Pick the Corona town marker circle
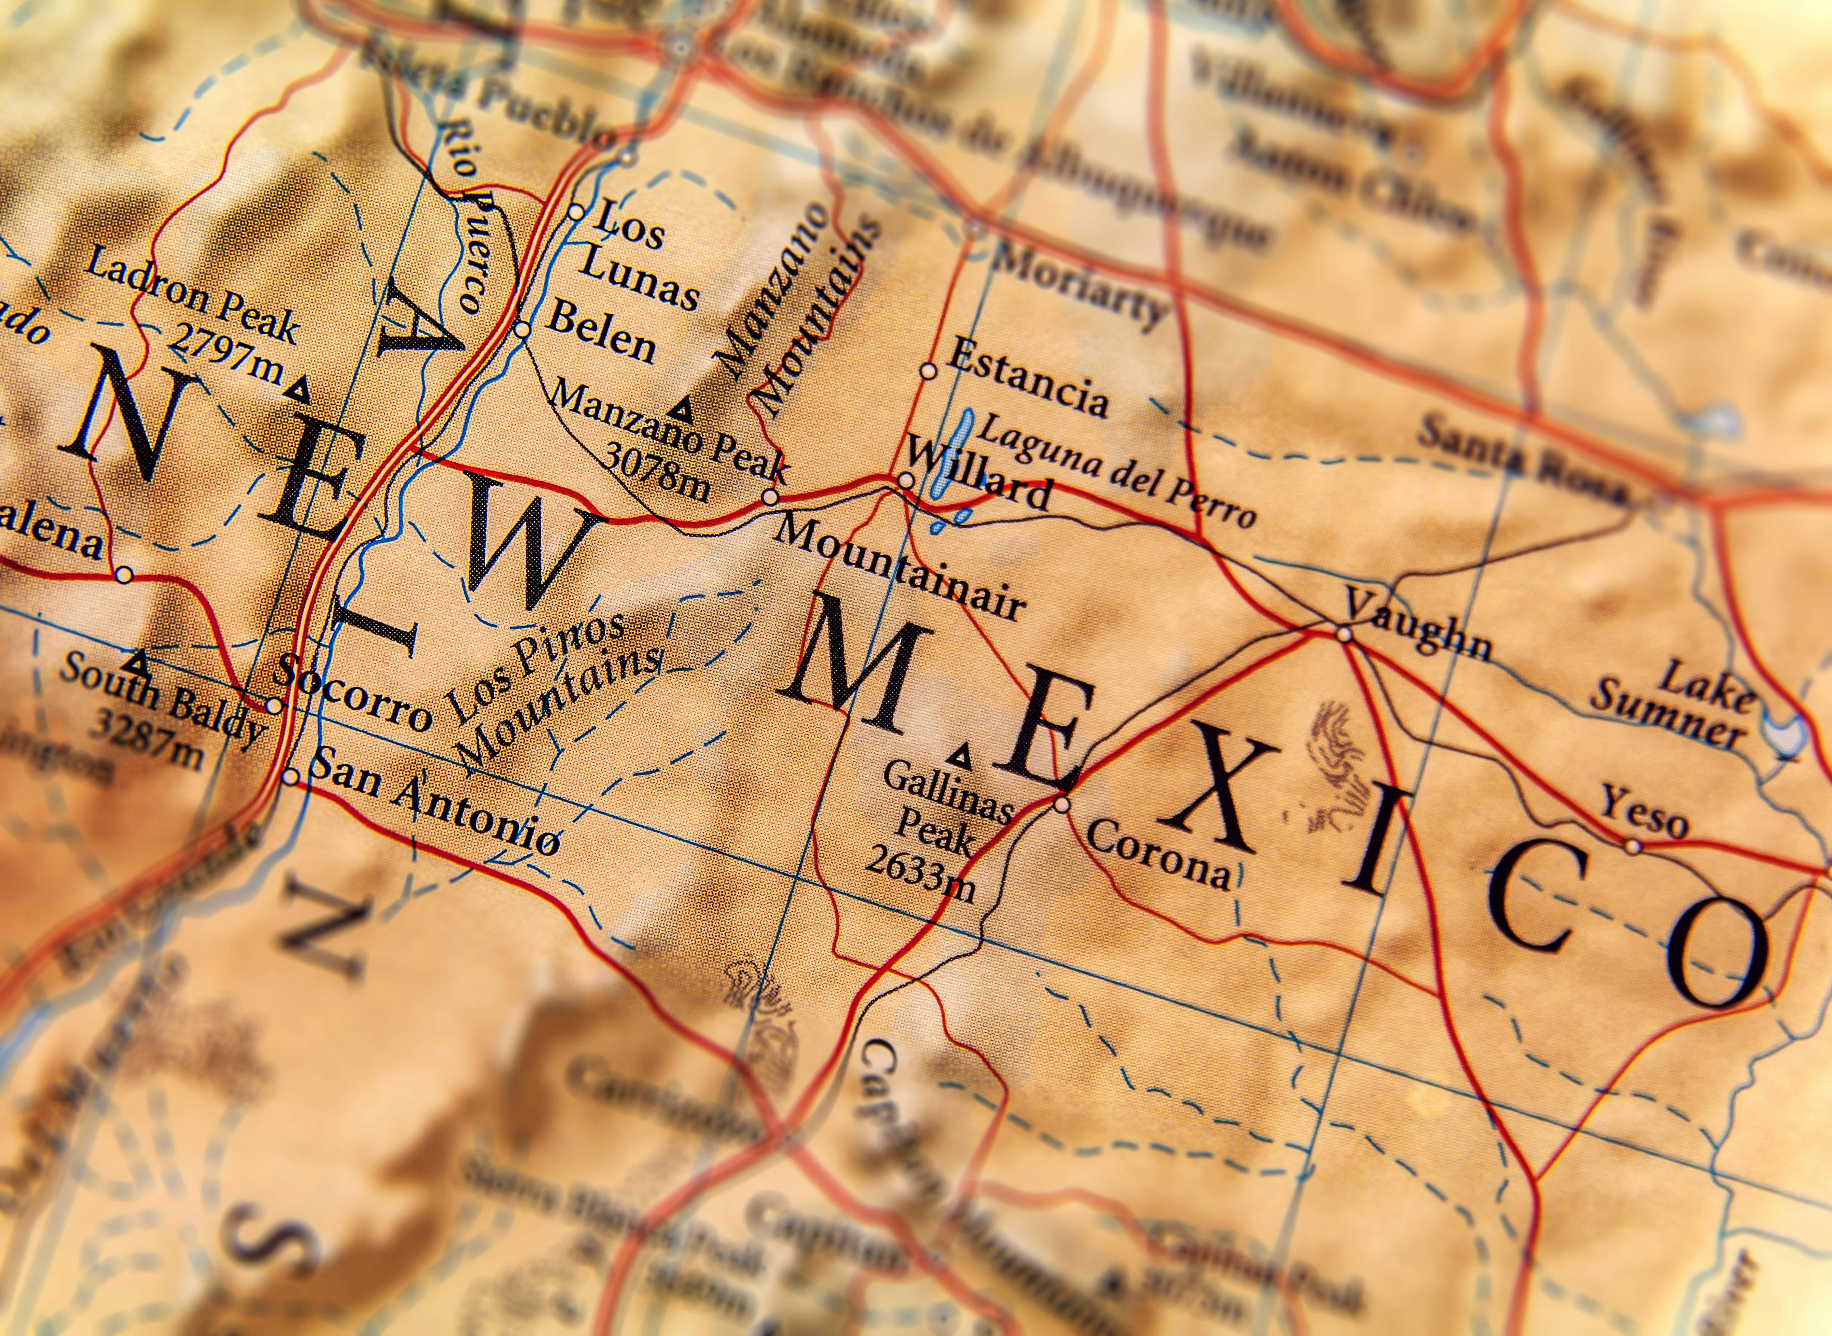click(1062, 804)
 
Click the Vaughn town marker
click(1344, 634)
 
